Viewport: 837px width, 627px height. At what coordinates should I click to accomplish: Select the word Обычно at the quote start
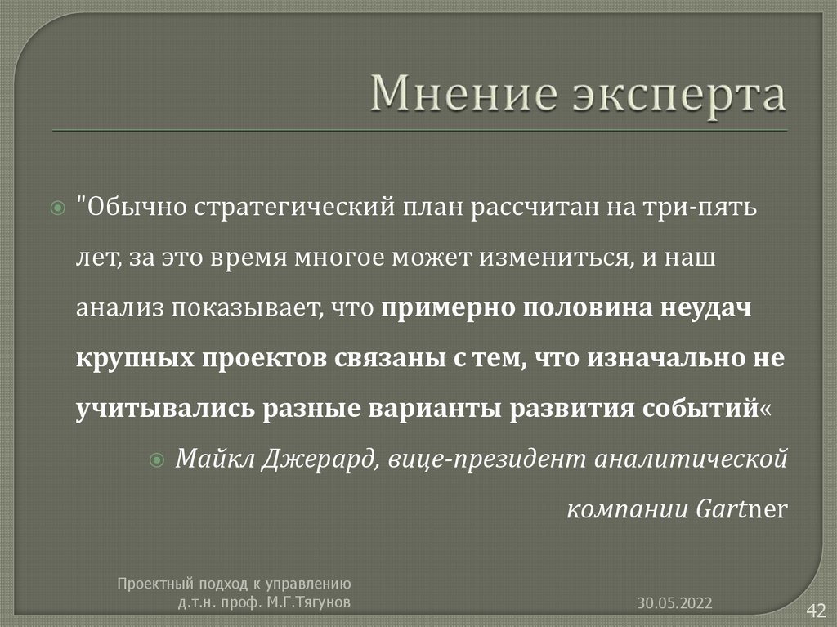pyautogui.click(x=134, y=206)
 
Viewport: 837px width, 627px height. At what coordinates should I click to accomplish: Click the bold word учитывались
pyautogui.click(x=166, y=409)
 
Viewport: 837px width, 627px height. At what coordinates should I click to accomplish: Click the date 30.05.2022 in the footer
pyautogui.click(x=675, y=602)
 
